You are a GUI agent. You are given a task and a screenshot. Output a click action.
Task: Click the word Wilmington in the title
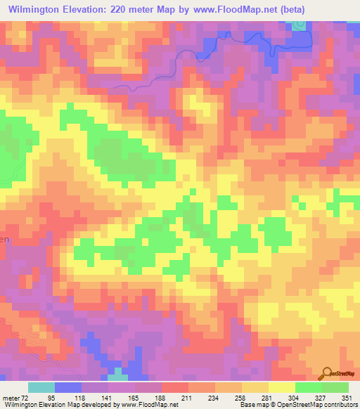(x=36, y=9)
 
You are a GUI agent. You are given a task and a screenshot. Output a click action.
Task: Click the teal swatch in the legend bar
(x=41, y=387)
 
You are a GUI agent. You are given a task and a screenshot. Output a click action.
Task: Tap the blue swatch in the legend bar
(x=68, y=387)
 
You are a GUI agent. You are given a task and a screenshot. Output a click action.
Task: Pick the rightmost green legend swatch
(x=335, y=387)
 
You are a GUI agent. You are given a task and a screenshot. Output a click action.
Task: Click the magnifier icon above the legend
(x=328, y=372)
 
